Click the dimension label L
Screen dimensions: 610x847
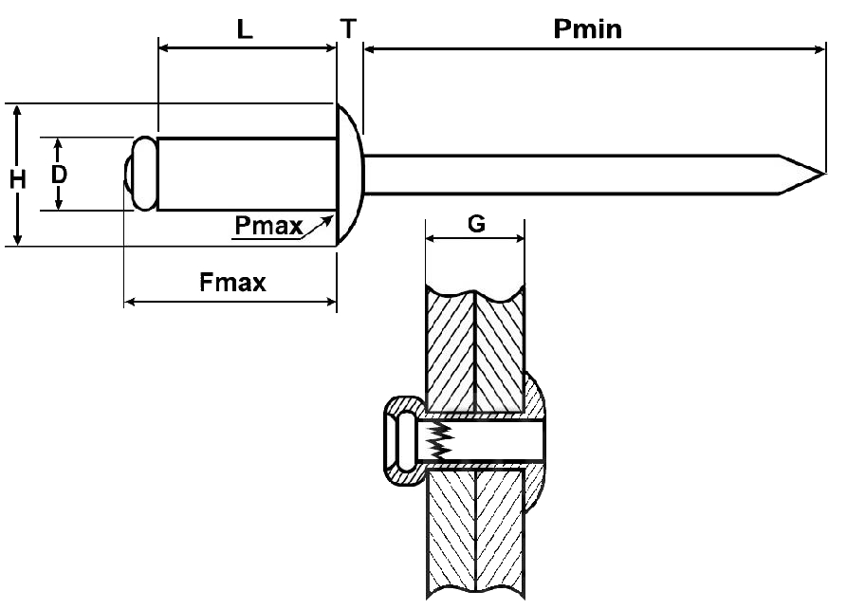[245, 29]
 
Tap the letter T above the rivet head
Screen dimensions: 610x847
[349, 28]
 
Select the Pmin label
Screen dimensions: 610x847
[588, 28]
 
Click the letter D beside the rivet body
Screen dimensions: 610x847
[59, 175]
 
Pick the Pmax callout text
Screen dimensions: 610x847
[268, 226]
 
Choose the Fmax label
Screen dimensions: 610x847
[233, 282]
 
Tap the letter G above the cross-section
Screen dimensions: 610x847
[476, 225]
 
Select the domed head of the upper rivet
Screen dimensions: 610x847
[349, 174]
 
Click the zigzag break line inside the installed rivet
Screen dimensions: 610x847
[438, 438]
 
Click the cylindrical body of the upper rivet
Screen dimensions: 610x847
[247, 174]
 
